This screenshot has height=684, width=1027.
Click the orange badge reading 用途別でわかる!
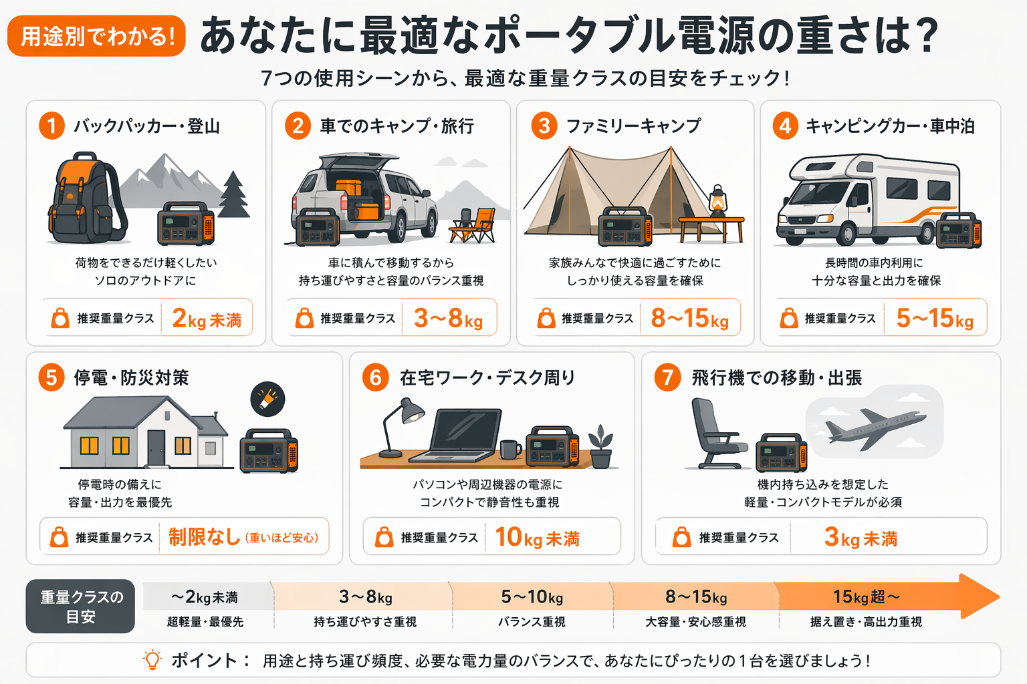tap(96, 36)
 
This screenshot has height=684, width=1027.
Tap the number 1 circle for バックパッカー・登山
tap(51, 126)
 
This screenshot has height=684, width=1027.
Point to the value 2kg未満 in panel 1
tap(207, 319)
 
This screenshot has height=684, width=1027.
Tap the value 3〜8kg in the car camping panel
tap(448, 319)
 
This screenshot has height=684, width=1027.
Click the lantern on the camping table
tap(717, 201)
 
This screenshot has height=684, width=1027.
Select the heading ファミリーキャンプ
tap(633, 126)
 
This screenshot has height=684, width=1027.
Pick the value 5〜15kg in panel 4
tap(935, 319)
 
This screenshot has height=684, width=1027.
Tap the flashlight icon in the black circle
tap(267, 399)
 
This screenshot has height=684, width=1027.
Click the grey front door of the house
tap(156, 448)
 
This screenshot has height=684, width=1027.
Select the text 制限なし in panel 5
tap(204, 536)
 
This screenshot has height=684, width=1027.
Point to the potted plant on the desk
tap(600, 447)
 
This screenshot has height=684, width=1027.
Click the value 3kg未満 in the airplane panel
tap(861, 537)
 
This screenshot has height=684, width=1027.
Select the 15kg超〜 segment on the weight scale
tap(867, 596)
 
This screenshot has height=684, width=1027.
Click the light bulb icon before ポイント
tap(152, 660)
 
